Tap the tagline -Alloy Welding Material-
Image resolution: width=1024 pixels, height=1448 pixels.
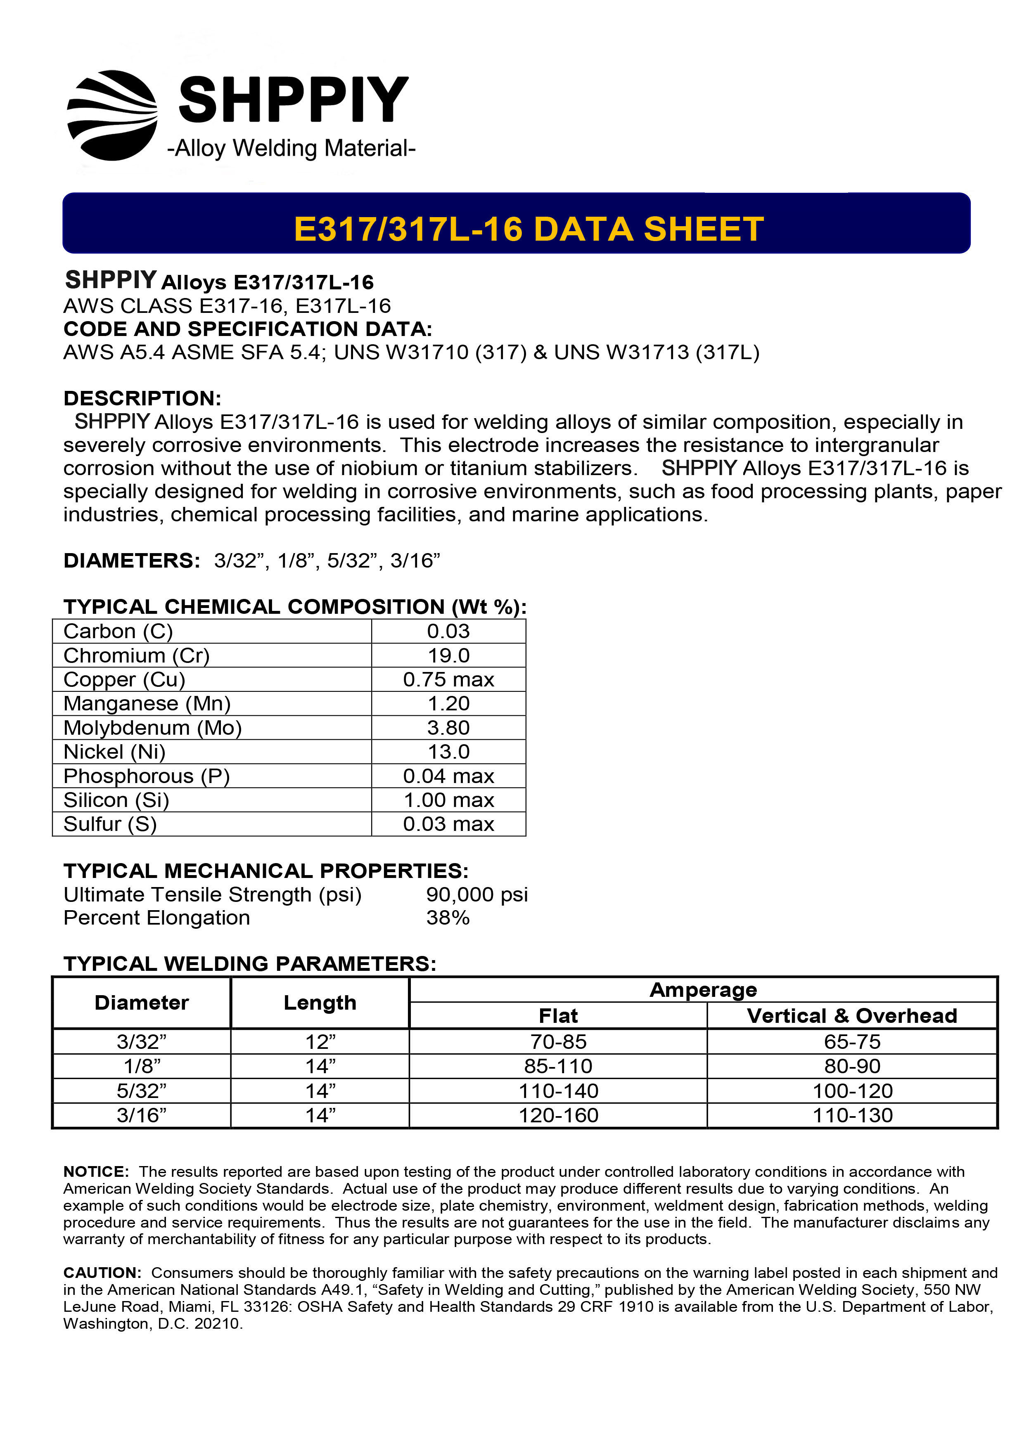click(x=291, y=148)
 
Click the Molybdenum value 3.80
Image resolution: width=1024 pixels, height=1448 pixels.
click(x=448, y=727)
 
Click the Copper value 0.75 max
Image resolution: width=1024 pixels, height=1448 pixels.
click(x=448, y=679)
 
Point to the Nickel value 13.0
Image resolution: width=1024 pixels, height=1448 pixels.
click(x=448, y=751)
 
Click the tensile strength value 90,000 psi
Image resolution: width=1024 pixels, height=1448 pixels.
click(x=476, y=894)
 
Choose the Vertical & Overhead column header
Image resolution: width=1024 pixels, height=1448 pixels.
click(x=852, y=1015)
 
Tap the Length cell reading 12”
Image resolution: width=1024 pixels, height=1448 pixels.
click(x=320, y=1042)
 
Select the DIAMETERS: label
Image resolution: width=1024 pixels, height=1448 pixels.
click(x=131, y=560)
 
